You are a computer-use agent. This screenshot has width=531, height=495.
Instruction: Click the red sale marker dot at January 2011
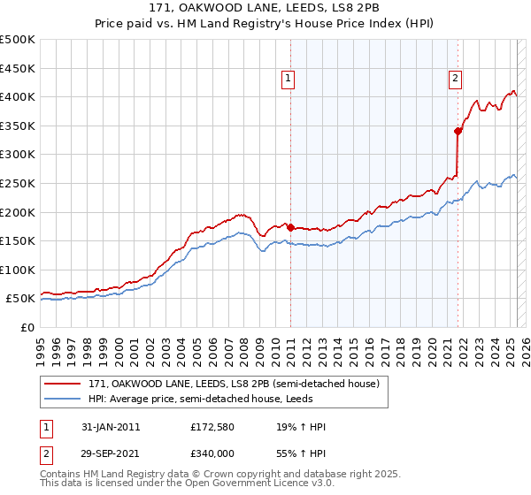coord(291,228)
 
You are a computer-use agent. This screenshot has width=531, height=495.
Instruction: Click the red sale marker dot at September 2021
coord(458,131)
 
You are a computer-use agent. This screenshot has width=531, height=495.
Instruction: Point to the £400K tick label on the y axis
coord(18,96)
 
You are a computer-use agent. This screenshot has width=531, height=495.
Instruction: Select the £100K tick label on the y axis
coord(18,270)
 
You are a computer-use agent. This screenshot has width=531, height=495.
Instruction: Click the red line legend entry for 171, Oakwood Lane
coord(234,384)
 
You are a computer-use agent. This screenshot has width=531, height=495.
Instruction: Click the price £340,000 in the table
coord(212,452)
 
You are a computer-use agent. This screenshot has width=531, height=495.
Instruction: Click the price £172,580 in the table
coord(212,427)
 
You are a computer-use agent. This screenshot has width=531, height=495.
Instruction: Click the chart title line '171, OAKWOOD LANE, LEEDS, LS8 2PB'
coord(265,10)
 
